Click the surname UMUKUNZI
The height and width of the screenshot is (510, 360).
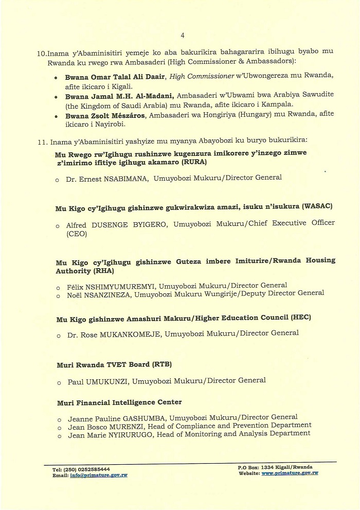point(105,381)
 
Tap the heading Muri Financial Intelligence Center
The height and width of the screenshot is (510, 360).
point(119,402)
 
